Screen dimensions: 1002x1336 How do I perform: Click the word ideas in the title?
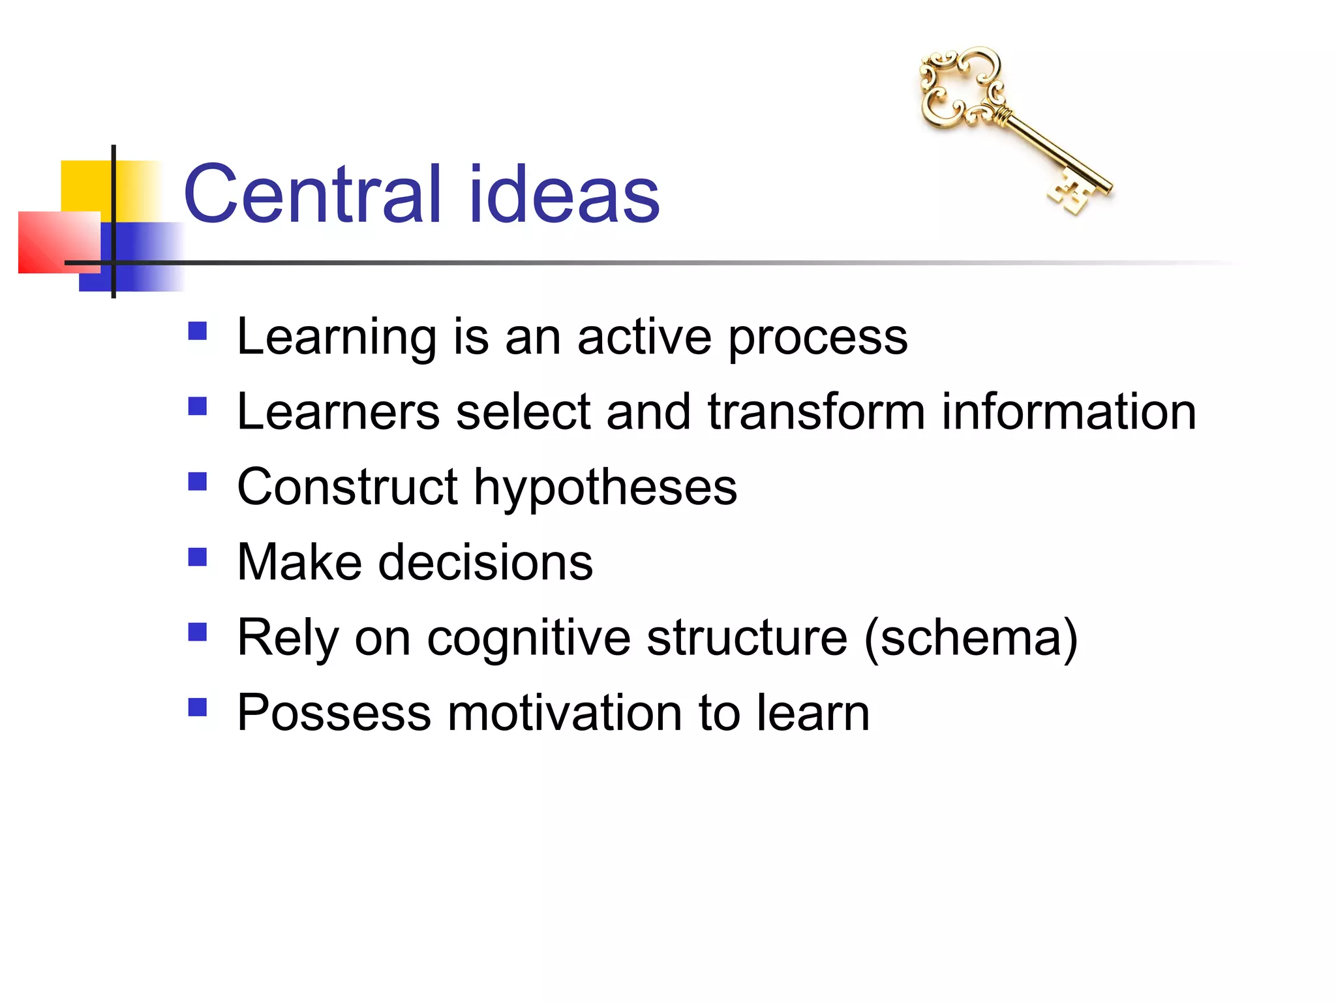click(564, 194)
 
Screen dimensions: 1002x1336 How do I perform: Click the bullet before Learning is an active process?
click(197, 331)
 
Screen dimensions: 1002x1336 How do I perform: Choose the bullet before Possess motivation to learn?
click(197, 707)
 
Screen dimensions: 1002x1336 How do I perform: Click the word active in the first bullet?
click(644, 337)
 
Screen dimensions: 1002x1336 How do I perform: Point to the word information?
click(1069, 412)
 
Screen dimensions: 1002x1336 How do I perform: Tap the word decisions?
click(485, 562)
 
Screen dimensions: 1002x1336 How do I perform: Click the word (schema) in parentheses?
click(971, 638)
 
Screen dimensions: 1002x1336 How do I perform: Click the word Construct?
click(348, 487)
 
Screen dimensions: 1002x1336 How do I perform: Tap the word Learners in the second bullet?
click(339, 412)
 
